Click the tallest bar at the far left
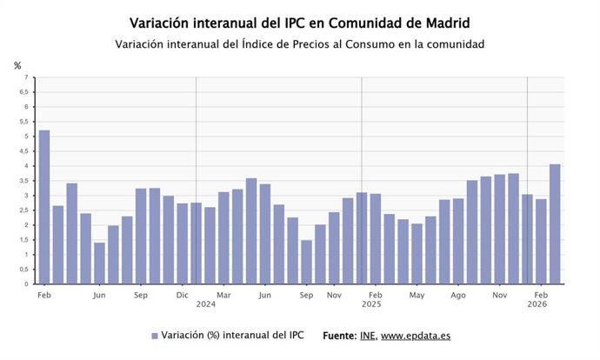[x=44, y=207]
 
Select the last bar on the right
[x=555, y=223]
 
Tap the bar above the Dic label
[x=183, y=243]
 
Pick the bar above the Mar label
[x=223, y=237]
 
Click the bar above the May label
[x=417, y=253]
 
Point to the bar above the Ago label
[x=458, y=241]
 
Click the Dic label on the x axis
[x=183, y=295]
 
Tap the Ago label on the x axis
[x=458, y=295]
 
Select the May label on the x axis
[x=417, y=295]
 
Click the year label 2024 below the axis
[x=206, y=305]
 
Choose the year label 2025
[x=371, y=305]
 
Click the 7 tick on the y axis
[x=27, y=77]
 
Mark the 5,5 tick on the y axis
[x=24, y=122]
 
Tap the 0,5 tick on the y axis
[x=24, y=270]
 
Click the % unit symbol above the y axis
[x=17, y=66]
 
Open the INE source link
[x=367, y=336]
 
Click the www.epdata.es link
[x=416, y=336]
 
